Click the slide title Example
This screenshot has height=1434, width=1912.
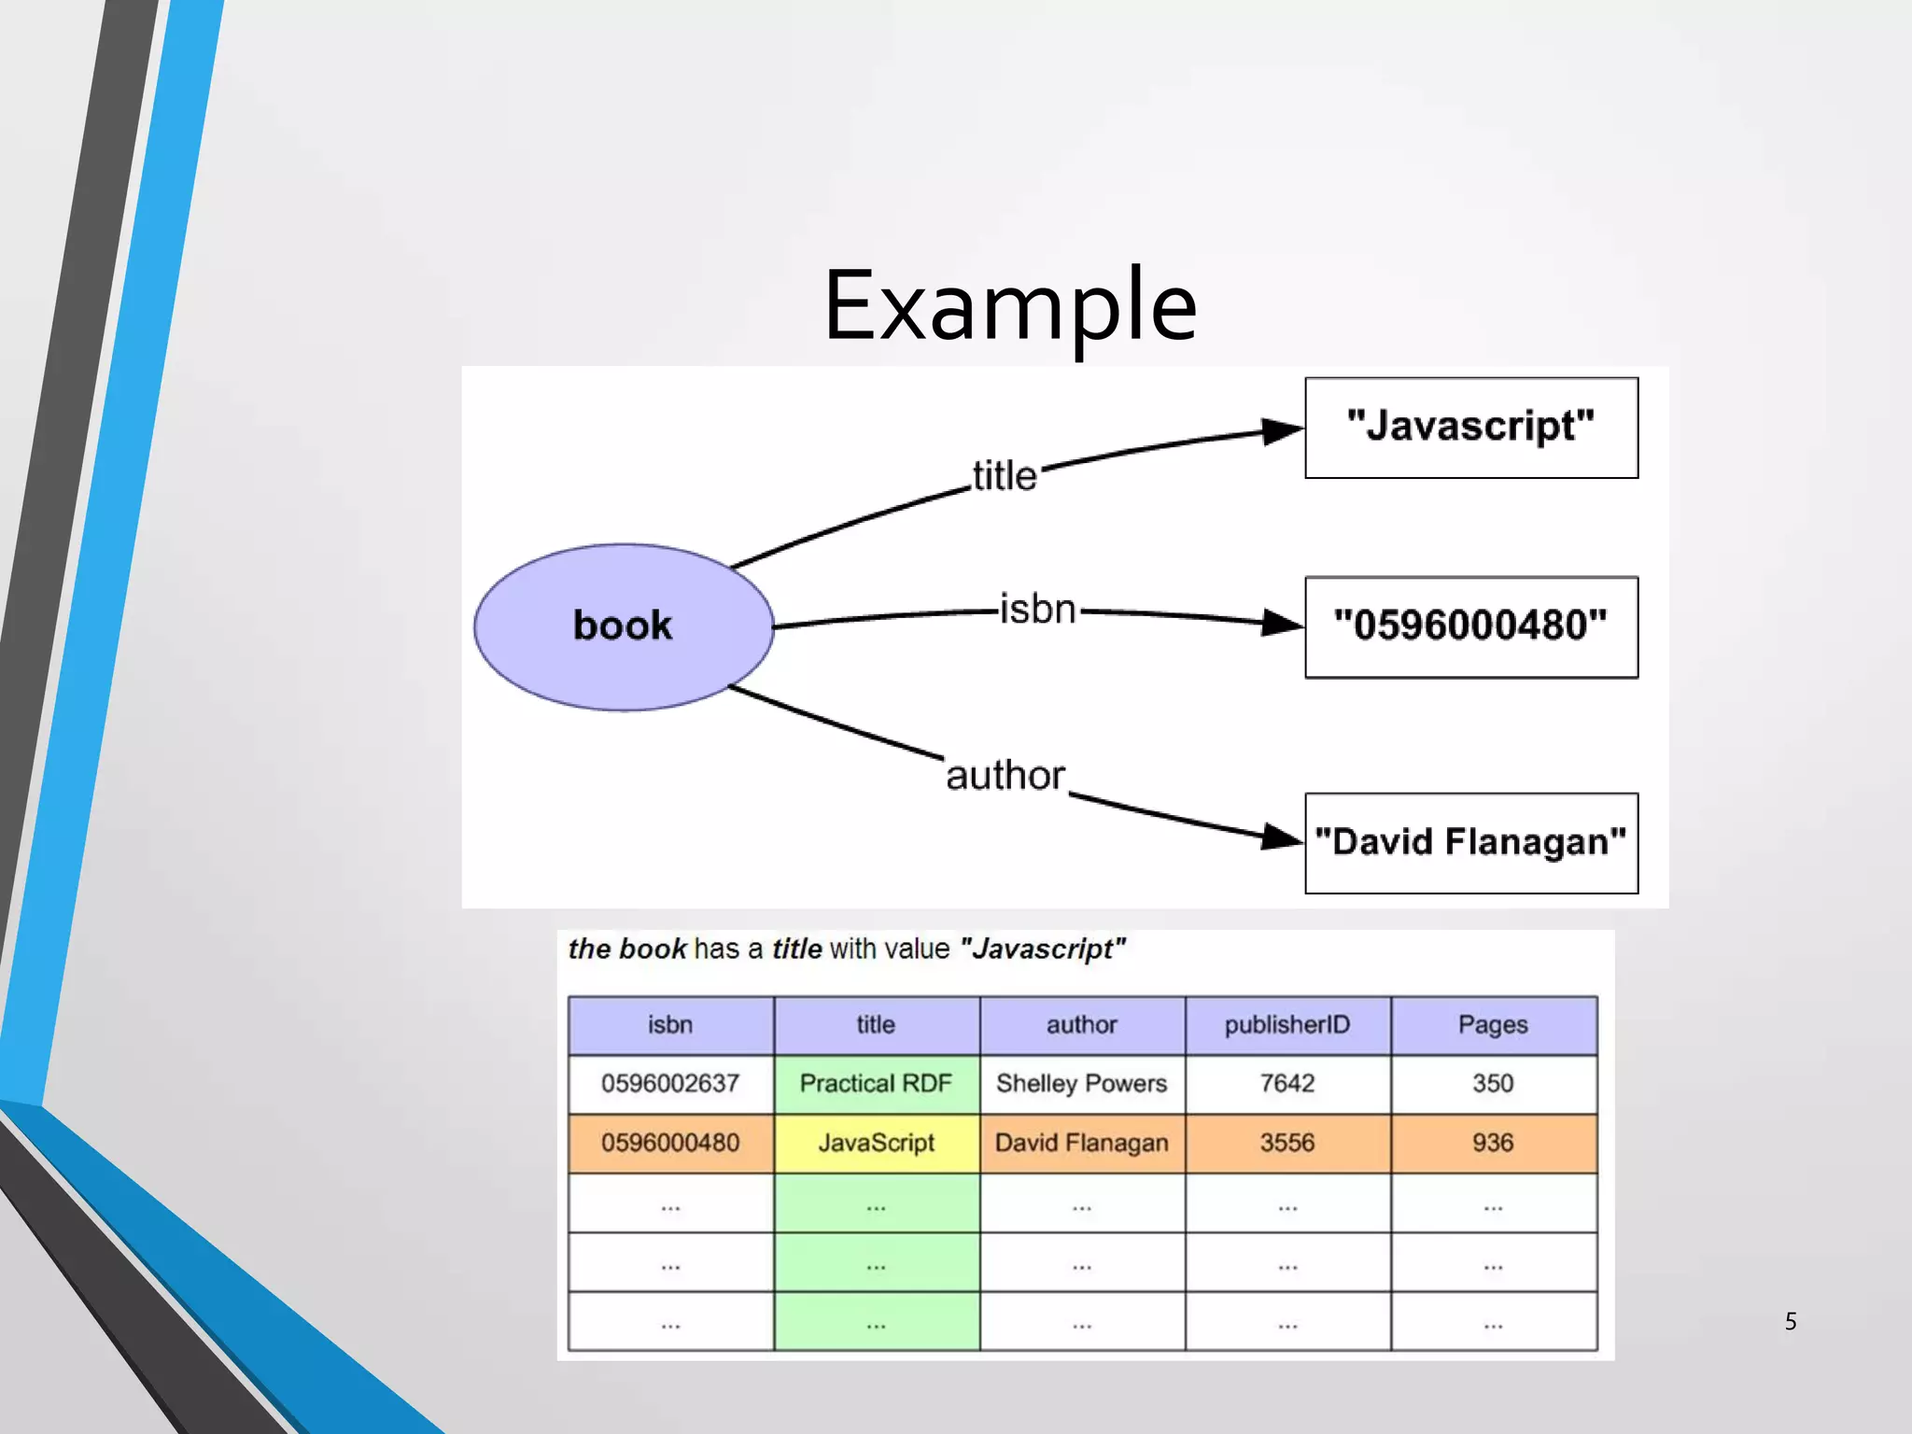click(x=1009, y=305)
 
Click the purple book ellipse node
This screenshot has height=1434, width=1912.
click(x=623, y=626)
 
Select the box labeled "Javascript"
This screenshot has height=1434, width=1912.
click(x=1470, y=428)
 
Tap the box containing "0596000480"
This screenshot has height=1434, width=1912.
click(x=1470, y=626)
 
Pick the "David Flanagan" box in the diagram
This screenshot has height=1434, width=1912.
click(x=1470, y=843)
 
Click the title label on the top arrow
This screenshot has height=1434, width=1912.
click(x=1005, y=476)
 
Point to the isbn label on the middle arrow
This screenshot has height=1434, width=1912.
click(x=1037, y=610)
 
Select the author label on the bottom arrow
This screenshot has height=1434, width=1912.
click(x=1005, y=775)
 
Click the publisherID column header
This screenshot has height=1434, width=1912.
click(x=1287, y=1025)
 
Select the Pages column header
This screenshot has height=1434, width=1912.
click(x=1493, y=1025)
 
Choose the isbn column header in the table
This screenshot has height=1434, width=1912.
click(x=670, y=1025)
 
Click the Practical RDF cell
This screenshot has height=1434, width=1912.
click(x=876, y=1084)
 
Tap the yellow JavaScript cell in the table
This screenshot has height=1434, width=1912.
click(x=876, y=1143)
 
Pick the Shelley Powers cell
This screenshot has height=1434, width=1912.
click(x=1081, y=1084)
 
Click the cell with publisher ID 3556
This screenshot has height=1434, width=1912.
click(x=1287, y=1143)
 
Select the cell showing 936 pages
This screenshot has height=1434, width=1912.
click(x=1493, y=1143)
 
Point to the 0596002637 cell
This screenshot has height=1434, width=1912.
click(x=670, y=1084)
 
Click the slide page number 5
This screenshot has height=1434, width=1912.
click(x=1790, y=1321)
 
